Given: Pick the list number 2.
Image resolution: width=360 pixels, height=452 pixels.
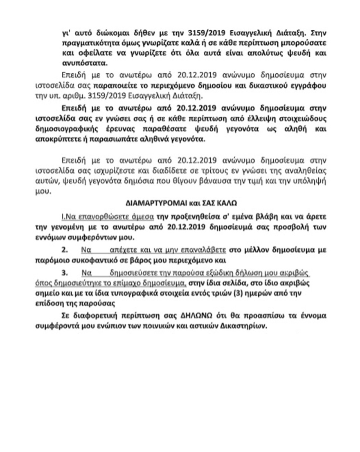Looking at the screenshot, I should (x=64, y=250).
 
